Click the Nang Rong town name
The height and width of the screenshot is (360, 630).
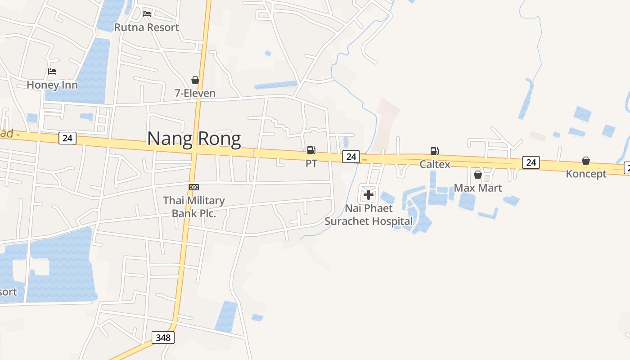[x=194, y=139]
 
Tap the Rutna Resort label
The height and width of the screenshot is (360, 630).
[x=147, y=27]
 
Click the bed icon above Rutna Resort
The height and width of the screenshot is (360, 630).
[x=147, y=14]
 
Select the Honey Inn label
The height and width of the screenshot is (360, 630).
[x=52, y=85]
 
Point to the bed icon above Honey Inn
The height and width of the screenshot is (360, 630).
[x=52, y=72]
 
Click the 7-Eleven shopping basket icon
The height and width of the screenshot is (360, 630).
[x=195, y=80]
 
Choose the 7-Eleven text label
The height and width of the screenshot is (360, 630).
[x=195, y=93]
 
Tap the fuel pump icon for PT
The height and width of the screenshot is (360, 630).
[x=311, y=150]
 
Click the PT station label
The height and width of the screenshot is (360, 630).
[x=311, y=163]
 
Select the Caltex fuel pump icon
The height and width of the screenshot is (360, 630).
[x=434, y=151]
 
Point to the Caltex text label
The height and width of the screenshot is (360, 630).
[x=435, y=164]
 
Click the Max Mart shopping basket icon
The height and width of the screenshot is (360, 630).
[x=478, y=175]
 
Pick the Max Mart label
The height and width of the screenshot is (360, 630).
[x=478, y=188]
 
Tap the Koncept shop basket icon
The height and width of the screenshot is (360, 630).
[x=586, y=161]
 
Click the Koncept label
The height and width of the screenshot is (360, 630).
[x=586, y=174]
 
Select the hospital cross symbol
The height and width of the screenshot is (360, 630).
[x=369, y=195]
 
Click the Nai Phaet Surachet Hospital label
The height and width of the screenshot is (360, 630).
[x=369, y=215]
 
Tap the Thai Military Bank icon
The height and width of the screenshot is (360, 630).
[x=194, y=187]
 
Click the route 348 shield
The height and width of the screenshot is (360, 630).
[x=163, y=337]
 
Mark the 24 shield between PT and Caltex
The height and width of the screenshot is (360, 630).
[x=351, y=157]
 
